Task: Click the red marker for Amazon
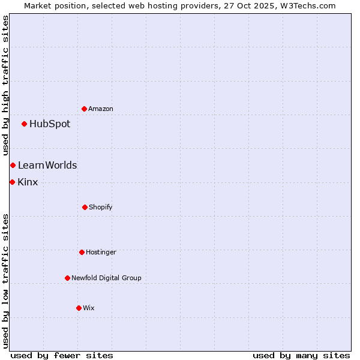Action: coord(85,109)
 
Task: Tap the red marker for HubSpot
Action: coord(25,124)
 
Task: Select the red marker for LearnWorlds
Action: coord(13,165)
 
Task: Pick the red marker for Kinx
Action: coord(12,182)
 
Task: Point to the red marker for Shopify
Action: coord(85,207)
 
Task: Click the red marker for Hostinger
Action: coord(82,252)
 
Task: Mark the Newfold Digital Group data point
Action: coord(67,278)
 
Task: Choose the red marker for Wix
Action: coord(79,308)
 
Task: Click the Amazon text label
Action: coord(101,109)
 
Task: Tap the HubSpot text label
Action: coord(50,124)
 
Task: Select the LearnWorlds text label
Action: coord(47,165)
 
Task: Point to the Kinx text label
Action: coord(28,182)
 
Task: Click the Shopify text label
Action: coord(101,207)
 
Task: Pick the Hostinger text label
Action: coord(101,252)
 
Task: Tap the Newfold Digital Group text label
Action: coord(106,278)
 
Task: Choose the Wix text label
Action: coord(89,308)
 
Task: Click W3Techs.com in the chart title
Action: coord(309,5)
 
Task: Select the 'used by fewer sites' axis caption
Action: coord(62,355)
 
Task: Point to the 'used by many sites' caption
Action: coord(301,355)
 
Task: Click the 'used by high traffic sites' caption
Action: coord(5,86)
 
